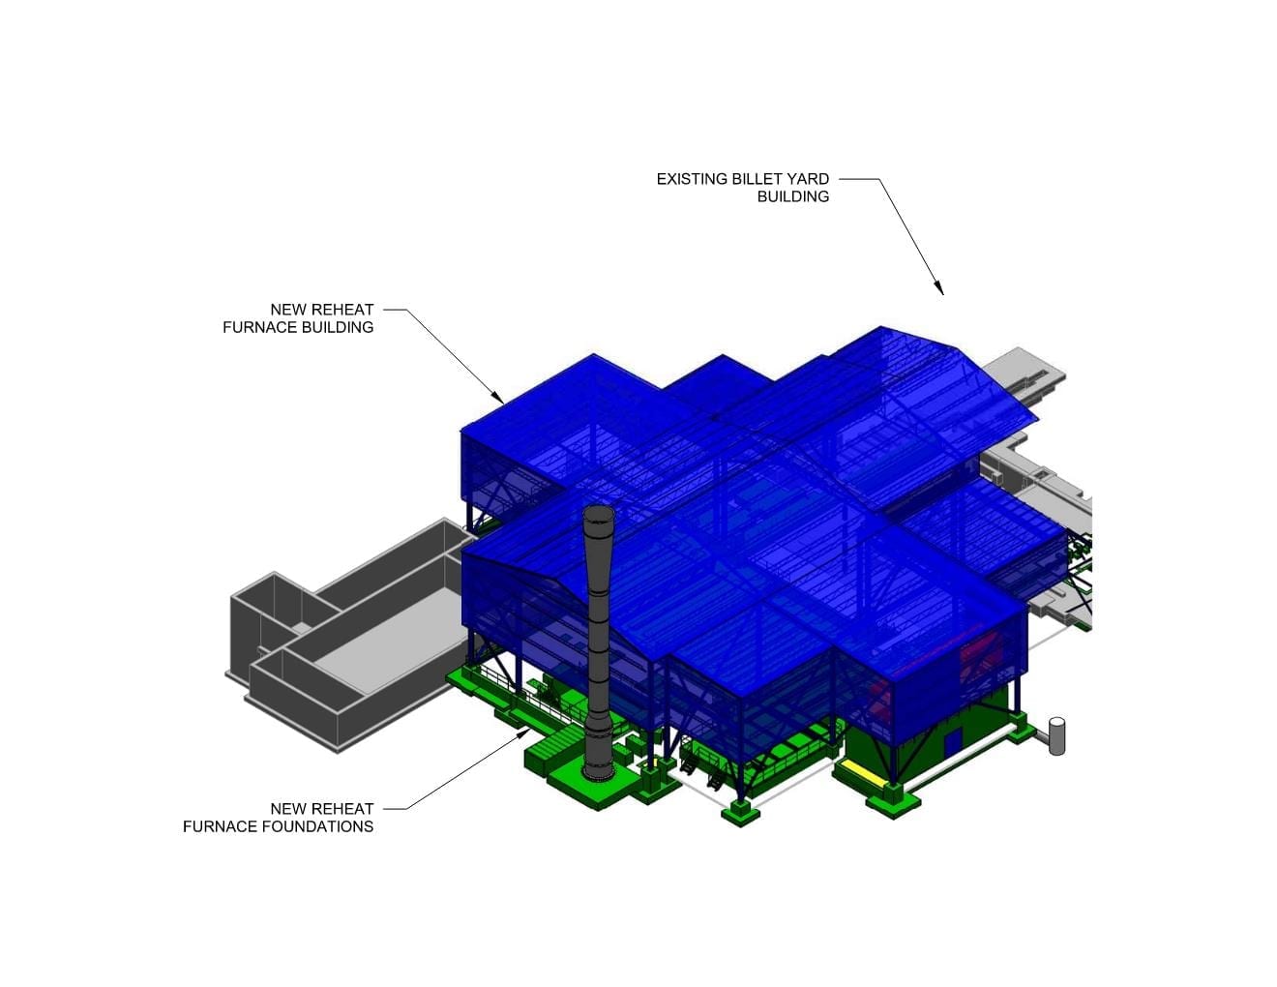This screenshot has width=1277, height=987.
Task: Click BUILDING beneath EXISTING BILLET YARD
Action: [x=792, y=196]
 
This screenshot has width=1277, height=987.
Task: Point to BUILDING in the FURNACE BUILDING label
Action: [x=338, y=327]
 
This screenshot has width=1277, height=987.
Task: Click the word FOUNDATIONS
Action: [x=317, y=826]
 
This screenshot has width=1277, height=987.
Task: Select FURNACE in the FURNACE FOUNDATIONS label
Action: [x=220, y=826]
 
